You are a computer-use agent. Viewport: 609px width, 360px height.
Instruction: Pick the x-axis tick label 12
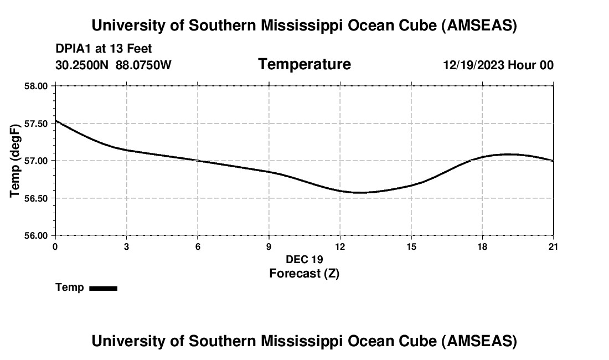340,246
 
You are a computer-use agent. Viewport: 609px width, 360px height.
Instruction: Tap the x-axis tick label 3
127,246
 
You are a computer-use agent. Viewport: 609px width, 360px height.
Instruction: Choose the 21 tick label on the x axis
553,246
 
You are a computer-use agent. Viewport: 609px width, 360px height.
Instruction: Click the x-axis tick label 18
482,246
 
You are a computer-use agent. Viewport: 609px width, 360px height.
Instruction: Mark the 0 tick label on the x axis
55,246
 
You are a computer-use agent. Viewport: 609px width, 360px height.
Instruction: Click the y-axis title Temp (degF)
16,161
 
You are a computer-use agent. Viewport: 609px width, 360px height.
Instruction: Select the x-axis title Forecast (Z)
304,273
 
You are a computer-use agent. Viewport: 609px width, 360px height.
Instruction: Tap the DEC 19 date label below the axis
304,259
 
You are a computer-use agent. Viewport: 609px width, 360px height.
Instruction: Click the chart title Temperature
304,64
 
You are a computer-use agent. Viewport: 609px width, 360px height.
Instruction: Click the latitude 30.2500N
82,65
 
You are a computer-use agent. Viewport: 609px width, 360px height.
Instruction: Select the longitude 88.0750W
144,65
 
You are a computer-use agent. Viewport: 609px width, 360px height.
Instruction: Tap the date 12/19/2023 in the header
473,65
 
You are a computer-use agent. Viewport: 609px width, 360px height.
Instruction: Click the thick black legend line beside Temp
103,288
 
